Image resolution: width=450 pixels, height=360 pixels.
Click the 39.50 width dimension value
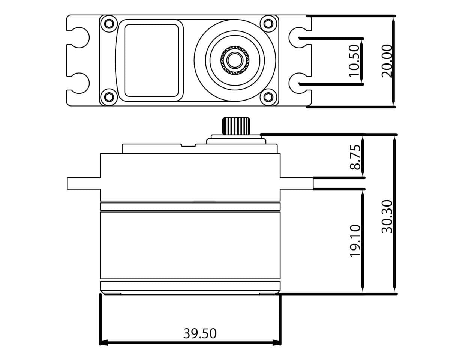(200, 333)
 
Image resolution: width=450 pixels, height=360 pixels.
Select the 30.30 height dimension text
(387, 216)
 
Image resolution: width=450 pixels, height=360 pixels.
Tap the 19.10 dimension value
(355, 240)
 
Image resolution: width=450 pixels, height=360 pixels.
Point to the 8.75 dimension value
(355, 157)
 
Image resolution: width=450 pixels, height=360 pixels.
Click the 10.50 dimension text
(354, 61)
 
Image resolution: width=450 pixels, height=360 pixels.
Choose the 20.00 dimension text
(387, 61)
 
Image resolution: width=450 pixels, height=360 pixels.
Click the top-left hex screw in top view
(109, 24)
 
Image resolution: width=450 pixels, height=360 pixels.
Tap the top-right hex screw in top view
(268, 24)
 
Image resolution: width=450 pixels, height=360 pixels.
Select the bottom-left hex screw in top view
(109, 97)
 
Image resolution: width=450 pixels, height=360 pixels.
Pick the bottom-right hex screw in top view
(268, 97)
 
